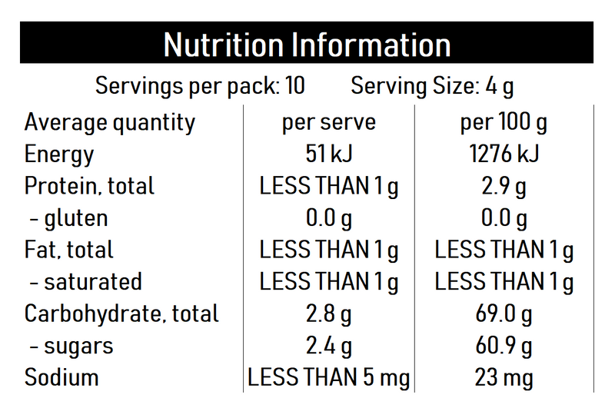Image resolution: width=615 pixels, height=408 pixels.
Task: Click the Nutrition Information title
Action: click(307, 45)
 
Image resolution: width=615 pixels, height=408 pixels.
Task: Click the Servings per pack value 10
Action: click(294, 85)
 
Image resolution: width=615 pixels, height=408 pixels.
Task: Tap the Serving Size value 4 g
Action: click(500, 85)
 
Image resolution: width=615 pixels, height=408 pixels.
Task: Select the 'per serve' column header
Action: click(328, 122)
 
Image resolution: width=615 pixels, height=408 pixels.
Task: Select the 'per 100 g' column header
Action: click(504, 122)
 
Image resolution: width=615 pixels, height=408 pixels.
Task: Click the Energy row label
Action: click(59, 154)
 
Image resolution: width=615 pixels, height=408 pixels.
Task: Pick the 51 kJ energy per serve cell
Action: click(328, 154)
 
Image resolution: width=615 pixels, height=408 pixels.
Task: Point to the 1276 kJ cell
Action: click(504, 154)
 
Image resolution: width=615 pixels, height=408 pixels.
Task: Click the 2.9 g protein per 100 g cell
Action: click(504, 186)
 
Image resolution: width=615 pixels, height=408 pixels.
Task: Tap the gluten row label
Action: click(69, 218)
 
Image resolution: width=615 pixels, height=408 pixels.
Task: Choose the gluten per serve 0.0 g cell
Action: click(328, 218)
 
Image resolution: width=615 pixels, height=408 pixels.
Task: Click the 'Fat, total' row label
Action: click(69, 250)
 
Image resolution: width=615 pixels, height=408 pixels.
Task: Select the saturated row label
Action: click(86, 282)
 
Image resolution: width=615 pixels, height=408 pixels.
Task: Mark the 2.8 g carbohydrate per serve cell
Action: click(328, 313)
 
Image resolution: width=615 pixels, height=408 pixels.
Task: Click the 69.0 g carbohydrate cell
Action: click(504, 313)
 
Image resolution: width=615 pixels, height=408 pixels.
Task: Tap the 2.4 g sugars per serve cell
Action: click(328, 346)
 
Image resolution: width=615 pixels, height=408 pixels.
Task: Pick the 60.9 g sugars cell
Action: click(504, 346)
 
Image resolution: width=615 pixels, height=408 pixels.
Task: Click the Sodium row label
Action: click(61, 377)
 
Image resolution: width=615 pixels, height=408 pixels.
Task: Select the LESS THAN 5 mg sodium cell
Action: click(328, 377)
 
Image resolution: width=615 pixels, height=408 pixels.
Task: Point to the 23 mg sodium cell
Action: click(504, 377)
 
